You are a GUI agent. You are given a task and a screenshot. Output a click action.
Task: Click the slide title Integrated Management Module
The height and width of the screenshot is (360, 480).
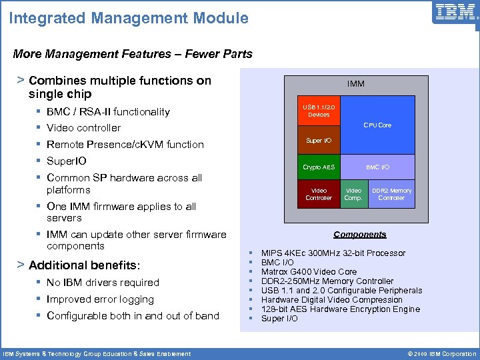(129, 18)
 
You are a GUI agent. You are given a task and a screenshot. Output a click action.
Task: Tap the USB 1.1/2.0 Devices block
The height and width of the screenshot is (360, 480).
(319, 111)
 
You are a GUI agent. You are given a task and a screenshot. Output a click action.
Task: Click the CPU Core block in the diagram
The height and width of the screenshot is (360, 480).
(377, 125)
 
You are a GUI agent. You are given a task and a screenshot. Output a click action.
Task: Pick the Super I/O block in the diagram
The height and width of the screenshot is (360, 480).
(319, 141)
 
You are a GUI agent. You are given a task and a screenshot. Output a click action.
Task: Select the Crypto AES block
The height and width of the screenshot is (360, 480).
(319, 167)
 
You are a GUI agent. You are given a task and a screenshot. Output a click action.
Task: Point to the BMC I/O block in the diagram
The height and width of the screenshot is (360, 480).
(377, 167)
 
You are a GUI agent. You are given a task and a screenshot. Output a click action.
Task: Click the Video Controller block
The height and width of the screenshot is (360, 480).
(319, 194)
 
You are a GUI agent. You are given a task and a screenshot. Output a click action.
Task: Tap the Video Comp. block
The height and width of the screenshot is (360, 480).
(353, 194)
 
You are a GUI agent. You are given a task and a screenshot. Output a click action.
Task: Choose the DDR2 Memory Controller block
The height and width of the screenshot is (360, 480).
(391, 194)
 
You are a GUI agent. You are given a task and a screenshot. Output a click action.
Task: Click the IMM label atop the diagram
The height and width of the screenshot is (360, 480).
(355, 84)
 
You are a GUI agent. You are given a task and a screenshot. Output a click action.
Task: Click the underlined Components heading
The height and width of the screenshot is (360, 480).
(360, 235)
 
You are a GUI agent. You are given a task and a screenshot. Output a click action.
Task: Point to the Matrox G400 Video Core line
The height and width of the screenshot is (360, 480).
(309, 272)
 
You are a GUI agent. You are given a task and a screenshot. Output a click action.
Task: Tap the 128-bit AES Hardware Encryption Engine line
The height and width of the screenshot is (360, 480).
(340, 309)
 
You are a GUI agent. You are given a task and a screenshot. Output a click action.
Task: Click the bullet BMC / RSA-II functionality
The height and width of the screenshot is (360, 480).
(108, 112)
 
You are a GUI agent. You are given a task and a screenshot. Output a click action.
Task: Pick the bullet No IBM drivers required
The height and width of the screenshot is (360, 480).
(103, 283)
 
